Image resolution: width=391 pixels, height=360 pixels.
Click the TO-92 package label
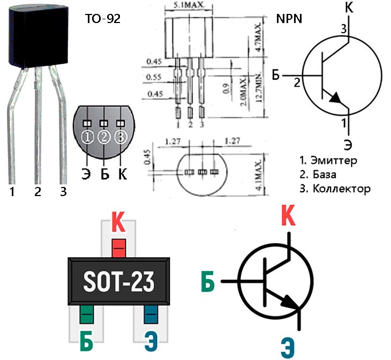coord(102,19)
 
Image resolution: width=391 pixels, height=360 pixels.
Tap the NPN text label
coord(289,19)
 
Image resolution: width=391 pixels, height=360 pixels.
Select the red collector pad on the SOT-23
coord(119,247)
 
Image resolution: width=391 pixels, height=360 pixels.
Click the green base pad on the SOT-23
coord(86,313)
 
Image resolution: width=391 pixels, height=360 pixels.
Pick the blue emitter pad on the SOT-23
coord(152,313)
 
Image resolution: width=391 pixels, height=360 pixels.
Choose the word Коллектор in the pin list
coord(340,189)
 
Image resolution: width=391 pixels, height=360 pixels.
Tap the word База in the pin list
coord(324,175)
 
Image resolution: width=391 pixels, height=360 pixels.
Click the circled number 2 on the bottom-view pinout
coord(104,138)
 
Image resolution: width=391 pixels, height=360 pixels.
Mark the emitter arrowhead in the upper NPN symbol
coord(335,99)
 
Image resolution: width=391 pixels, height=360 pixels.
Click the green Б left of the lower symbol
coord(209,281)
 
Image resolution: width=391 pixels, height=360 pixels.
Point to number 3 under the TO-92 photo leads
coord(63,191)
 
